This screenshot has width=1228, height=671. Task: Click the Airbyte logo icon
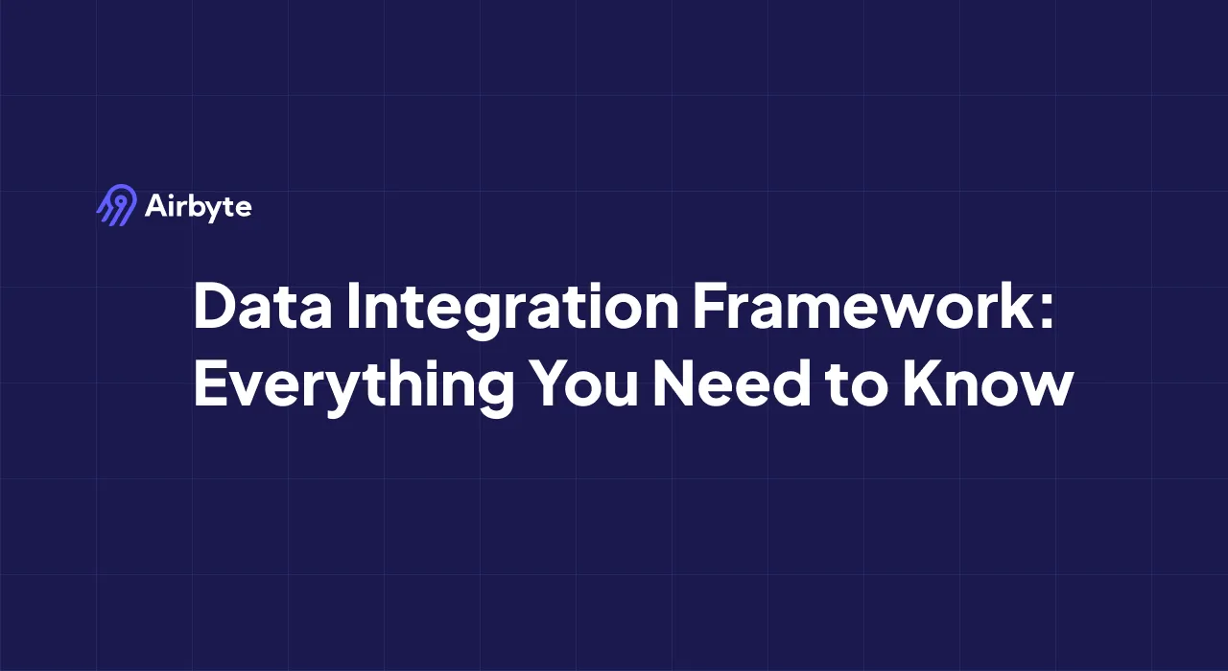click(117, 205)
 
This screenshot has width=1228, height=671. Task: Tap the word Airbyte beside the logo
click(198, 208)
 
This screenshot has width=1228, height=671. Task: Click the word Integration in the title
click(513, 310)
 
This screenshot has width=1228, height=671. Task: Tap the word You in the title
click(584, 382)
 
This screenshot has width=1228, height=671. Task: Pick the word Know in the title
click(988, 382)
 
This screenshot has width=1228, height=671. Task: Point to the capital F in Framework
click(712, 306)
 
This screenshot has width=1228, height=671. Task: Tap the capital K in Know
click(923, 382)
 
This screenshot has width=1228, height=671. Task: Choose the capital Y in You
click(553, 382)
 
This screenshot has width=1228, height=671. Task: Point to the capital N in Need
click(674, 382)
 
